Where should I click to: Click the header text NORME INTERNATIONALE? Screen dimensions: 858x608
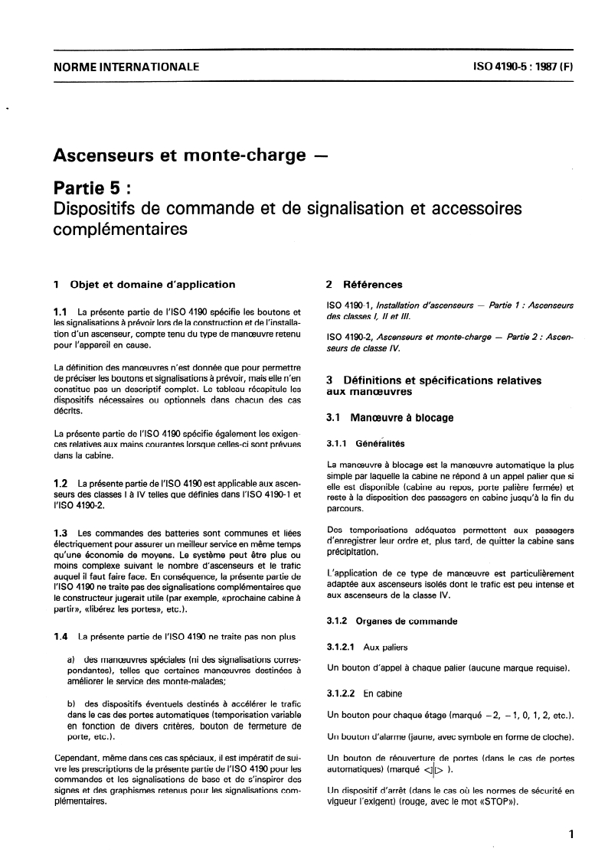[126, 67]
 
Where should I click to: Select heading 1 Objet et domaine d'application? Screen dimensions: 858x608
[144, 285]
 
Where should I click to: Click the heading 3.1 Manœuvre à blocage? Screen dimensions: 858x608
[391, 418]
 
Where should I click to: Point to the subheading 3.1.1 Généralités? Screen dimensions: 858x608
[364, 443]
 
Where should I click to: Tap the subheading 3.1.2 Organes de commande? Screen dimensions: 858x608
[381, 621]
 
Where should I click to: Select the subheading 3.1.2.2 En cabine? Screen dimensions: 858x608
[359, 693]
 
